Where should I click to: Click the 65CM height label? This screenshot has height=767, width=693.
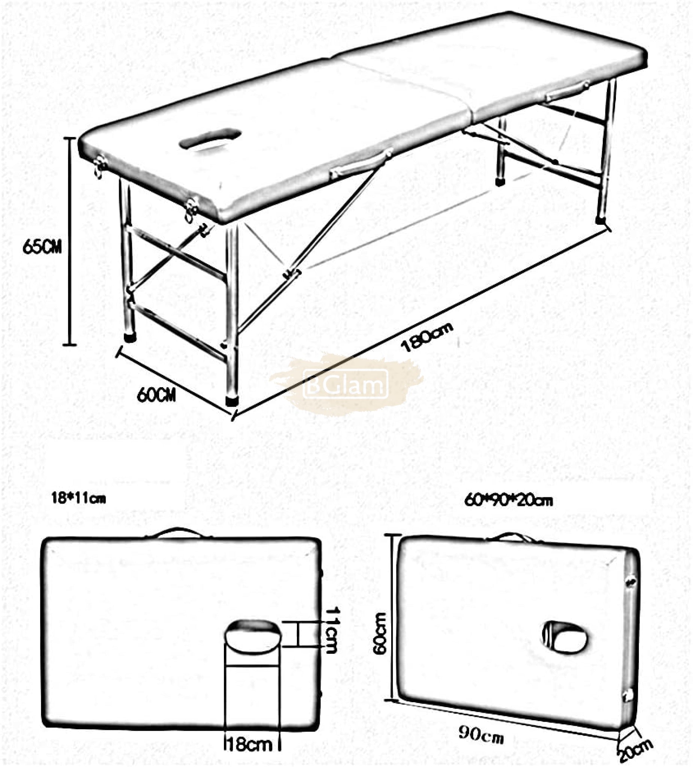click(42, 247)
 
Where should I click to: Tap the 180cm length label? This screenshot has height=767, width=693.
click(427, 337)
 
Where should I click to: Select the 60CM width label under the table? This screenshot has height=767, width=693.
click(156, 394)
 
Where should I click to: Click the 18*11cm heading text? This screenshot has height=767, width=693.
click(78, 498)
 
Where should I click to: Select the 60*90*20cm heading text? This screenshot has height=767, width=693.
click(508, 500)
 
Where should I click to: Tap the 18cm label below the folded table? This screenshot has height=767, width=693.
click(249, 744)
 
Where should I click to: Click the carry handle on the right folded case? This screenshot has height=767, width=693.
click(513, 537)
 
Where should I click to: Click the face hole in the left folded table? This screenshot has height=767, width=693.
click(253, 637)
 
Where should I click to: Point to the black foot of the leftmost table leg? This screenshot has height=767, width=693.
click(130, 337)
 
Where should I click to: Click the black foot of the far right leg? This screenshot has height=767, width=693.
click(601, 220)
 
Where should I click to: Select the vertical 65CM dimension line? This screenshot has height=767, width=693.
click(69, 241)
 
